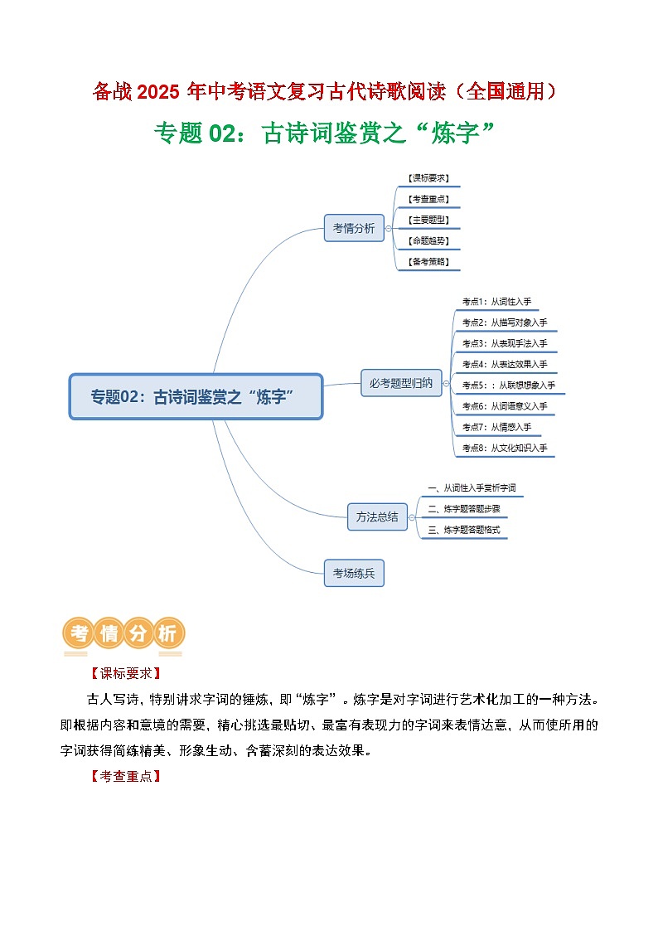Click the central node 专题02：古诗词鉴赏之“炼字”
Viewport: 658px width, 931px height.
pos(195,396)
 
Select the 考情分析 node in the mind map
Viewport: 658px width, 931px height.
pos(354,228)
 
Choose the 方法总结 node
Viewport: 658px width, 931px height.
pos(376,516)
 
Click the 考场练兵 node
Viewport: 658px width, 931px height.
pos(354,572)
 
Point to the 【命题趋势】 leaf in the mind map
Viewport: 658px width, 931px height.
pos(429,240)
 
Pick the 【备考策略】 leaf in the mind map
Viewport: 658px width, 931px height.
pos(429,261)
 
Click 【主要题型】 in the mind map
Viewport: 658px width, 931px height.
pos(429,220)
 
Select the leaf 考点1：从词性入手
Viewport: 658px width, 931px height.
pos(496,302)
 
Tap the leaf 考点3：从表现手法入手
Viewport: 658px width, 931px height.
pos(504,342)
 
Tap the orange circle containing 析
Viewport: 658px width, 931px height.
pos(167,634)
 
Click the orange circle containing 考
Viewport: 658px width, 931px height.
pos(80,634)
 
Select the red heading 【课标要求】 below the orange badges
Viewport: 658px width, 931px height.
pos(124,673)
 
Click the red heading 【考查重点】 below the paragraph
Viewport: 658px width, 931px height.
pos(124,777)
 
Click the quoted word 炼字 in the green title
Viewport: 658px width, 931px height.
pos(457,133)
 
